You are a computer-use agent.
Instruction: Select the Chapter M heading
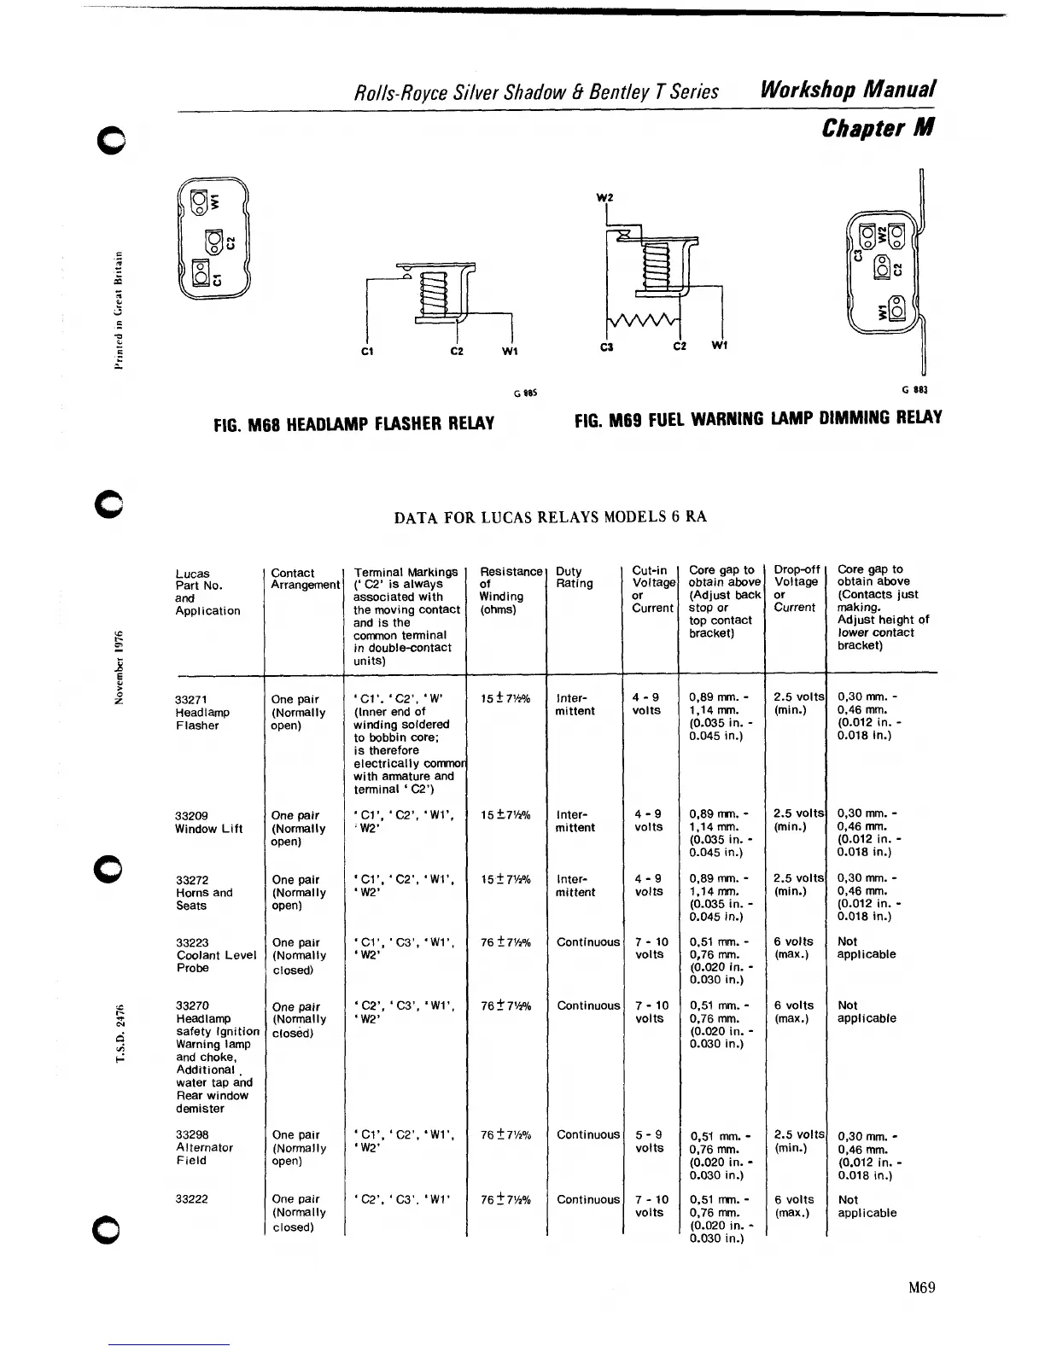(878, 128)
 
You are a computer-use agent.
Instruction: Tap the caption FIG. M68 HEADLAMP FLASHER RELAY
(353, 423)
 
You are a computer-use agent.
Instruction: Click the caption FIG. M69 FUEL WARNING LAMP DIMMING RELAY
(758, 418)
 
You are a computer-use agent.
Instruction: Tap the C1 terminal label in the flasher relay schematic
(365, 351)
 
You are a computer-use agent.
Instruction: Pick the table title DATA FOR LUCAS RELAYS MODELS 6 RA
(550, 517)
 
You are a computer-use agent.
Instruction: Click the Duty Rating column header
(574, 577)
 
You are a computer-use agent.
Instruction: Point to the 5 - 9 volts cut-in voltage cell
(650, 1141)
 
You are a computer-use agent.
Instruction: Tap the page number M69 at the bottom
(922, 1287)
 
